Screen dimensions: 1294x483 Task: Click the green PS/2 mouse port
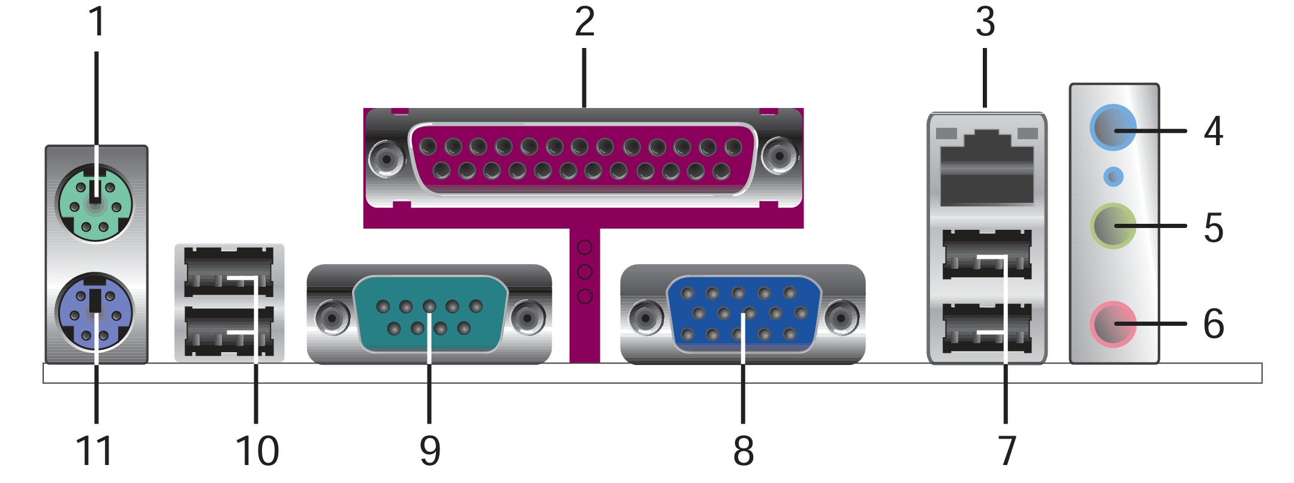click(94, 205)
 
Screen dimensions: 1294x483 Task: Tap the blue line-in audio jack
click(1112, 130)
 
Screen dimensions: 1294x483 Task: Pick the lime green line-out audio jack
click(1112, 226)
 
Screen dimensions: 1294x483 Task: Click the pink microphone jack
click(1112, 324)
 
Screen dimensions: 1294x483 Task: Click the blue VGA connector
click(744, 314)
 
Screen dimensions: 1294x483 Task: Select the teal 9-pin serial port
click(429, 314)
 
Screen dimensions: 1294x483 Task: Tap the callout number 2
click(585, 22)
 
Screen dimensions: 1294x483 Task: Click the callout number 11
click(94, 451)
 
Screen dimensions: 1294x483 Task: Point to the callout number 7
click(1007, 451)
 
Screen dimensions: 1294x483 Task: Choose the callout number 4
click(1213, 131)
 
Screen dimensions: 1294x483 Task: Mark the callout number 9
click(430, 451)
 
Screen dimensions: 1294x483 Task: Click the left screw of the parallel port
click(387, 158)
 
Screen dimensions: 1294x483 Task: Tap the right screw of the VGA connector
click(842, 316)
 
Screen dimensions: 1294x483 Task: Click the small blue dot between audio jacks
click(1113, 177)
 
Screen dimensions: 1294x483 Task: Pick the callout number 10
click(257, 451)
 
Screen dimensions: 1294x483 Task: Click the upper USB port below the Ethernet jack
click(987, 255)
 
